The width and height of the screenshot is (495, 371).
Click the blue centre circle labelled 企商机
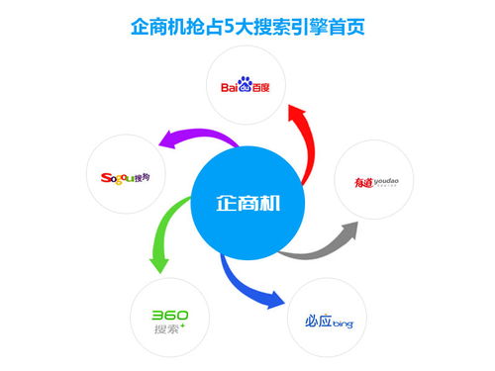tap(247, 203)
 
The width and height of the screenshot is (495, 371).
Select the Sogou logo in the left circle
tap(125, 178)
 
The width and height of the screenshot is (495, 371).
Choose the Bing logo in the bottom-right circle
tap(328, 321)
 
